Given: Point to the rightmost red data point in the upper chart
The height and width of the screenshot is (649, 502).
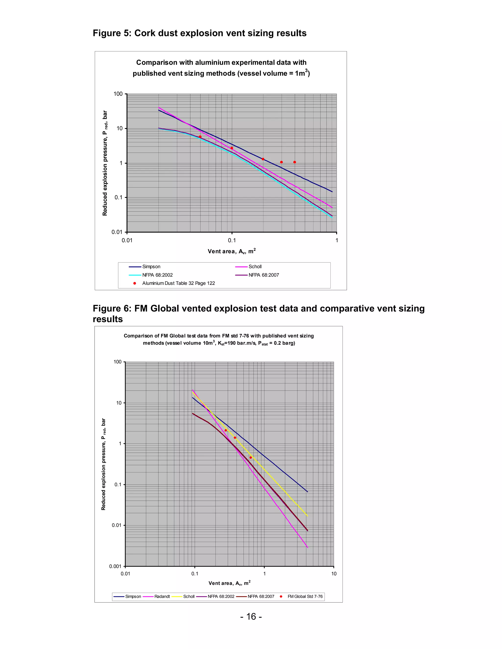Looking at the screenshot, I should (x=294, y=162).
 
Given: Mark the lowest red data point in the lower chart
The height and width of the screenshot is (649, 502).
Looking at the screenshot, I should (x=251, y=458).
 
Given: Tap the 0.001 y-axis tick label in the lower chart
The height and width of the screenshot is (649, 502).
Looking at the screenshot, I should (x=115, y=566).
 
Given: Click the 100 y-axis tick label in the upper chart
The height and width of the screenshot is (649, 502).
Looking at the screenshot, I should (x=118, y=94).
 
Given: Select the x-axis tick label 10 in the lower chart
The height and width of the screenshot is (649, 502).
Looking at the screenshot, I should (x=334, y=574).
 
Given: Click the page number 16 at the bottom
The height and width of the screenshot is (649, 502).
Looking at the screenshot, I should (x=251, y=617).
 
